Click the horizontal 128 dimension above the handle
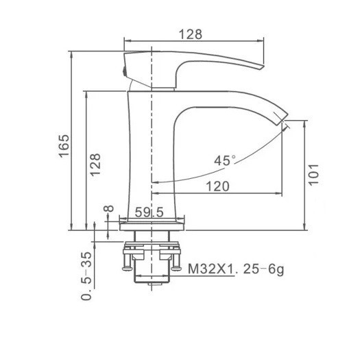191,34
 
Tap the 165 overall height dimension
64,146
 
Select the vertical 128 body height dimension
95,165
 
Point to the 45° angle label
225,160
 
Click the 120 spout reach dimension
217,186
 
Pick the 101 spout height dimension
313,174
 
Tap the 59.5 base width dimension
149,212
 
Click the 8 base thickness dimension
109,208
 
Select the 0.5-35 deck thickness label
86,276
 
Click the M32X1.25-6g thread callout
236,269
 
